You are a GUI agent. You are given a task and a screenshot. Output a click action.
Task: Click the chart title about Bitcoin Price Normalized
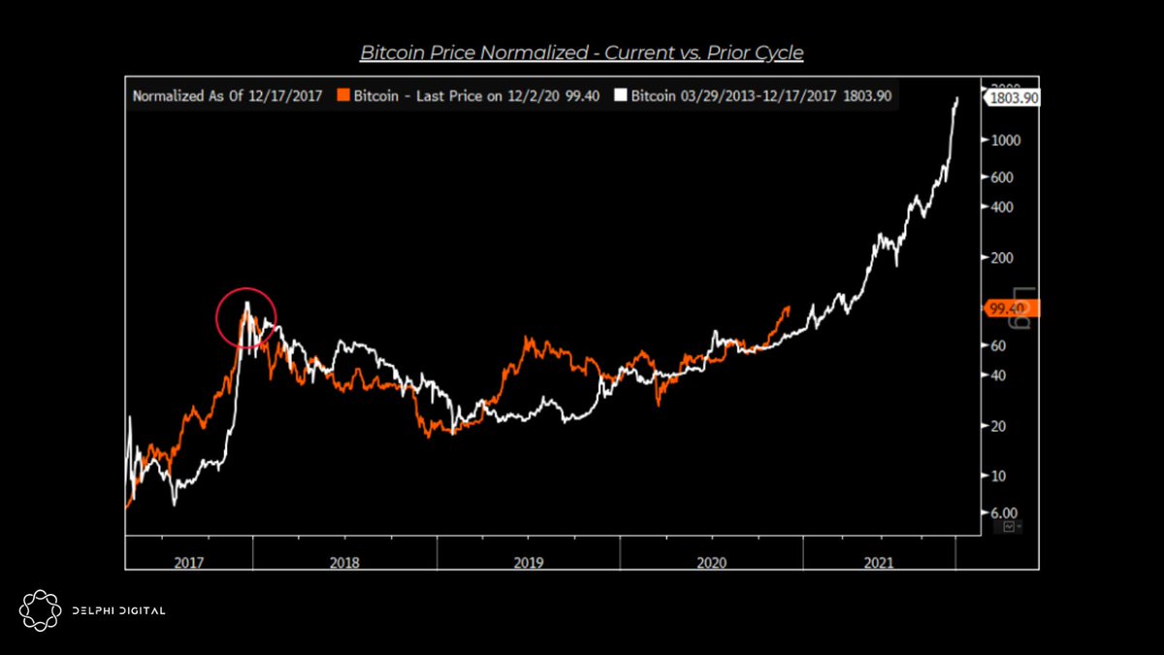[x=582, y=52]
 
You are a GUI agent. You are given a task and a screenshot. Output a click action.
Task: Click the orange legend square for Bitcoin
[x=341, y=96]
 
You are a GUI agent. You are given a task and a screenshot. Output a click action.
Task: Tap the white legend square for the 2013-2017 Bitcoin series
[x=625, y=96]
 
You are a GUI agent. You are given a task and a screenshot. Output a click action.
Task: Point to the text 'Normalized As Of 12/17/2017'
[x=227, y=96]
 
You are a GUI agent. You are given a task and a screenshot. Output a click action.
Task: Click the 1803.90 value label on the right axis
[x=1013, y=97]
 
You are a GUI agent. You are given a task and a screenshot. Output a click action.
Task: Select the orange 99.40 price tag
[x=1012, y=309]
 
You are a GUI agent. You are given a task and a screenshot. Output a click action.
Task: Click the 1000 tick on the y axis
[x=1004, y=140]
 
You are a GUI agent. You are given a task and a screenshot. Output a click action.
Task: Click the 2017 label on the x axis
[x=189, y=561]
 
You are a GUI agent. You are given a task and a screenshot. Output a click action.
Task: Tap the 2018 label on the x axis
[x=344, y=561]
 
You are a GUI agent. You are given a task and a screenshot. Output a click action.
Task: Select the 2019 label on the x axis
[x=529, y=561]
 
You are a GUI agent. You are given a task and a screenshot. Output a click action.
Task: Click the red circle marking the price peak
[x=246, y=317]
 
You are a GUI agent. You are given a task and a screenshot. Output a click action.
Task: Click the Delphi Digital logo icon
[x=40, y=609]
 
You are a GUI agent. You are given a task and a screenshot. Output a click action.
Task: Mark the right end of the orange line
[x=788, y=308]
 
